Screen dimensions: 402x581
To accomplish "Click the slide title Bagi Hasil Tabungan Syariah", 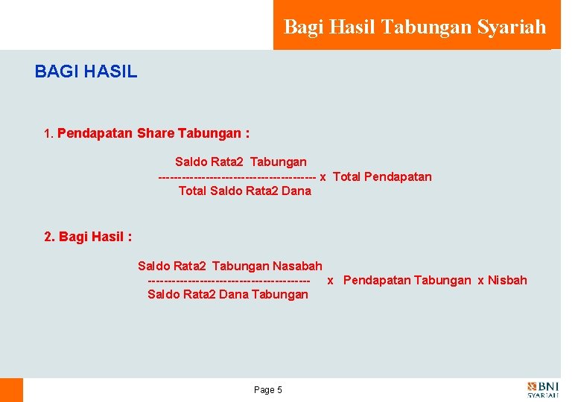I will click(x=415, y=28).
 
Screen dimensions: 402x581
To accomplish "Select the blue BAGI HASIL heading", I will click(x=86, y=72).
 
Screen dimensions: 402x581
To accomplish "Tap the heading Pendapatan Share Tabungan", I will click(x=153, y=134).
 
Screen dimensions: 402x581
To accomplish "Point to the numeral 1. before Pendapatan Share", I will click(x=49, y=135).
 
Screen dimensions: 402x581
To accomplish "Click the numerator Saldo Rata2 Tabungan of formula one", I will click(x=241, y=162).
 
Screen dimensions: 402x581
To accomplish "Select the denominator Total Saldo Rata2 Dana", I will click(x=244, y=191).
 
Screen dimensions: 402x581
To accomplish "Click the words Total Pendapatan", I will click(x=382, y=176).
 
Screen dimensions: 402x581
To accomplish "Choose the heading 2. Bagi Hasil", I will click(x=88, y=237).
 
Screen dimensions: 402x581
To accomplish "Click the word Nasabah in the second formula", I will click(x=297, y=266).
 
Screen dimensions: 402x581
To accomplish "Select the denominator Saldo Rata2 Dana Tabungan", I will click(x=227, y=294).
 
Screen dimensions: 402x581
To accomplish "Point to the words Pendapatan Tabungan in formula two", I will click(x=407, y=280).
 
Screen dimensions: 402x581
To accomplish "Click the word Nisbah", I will click(x=507, y=280).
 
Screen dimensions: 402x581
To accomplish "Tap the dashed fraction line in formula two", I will click(x=229, y=281).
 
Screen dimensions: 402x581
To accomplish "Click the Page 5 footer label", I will click(x=268, y=390).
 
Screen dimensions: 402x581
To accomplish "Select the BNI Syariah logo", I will click(x=543, y=390).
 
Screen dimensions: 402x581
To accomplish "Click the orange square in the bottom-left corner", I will click(x=11, y=390).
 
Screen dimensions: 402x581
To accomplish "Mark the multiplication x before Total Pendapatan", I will click(x=323, y=176).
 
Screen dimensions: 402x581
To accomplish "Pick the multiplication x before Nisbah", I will click(x=480, y=280).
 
